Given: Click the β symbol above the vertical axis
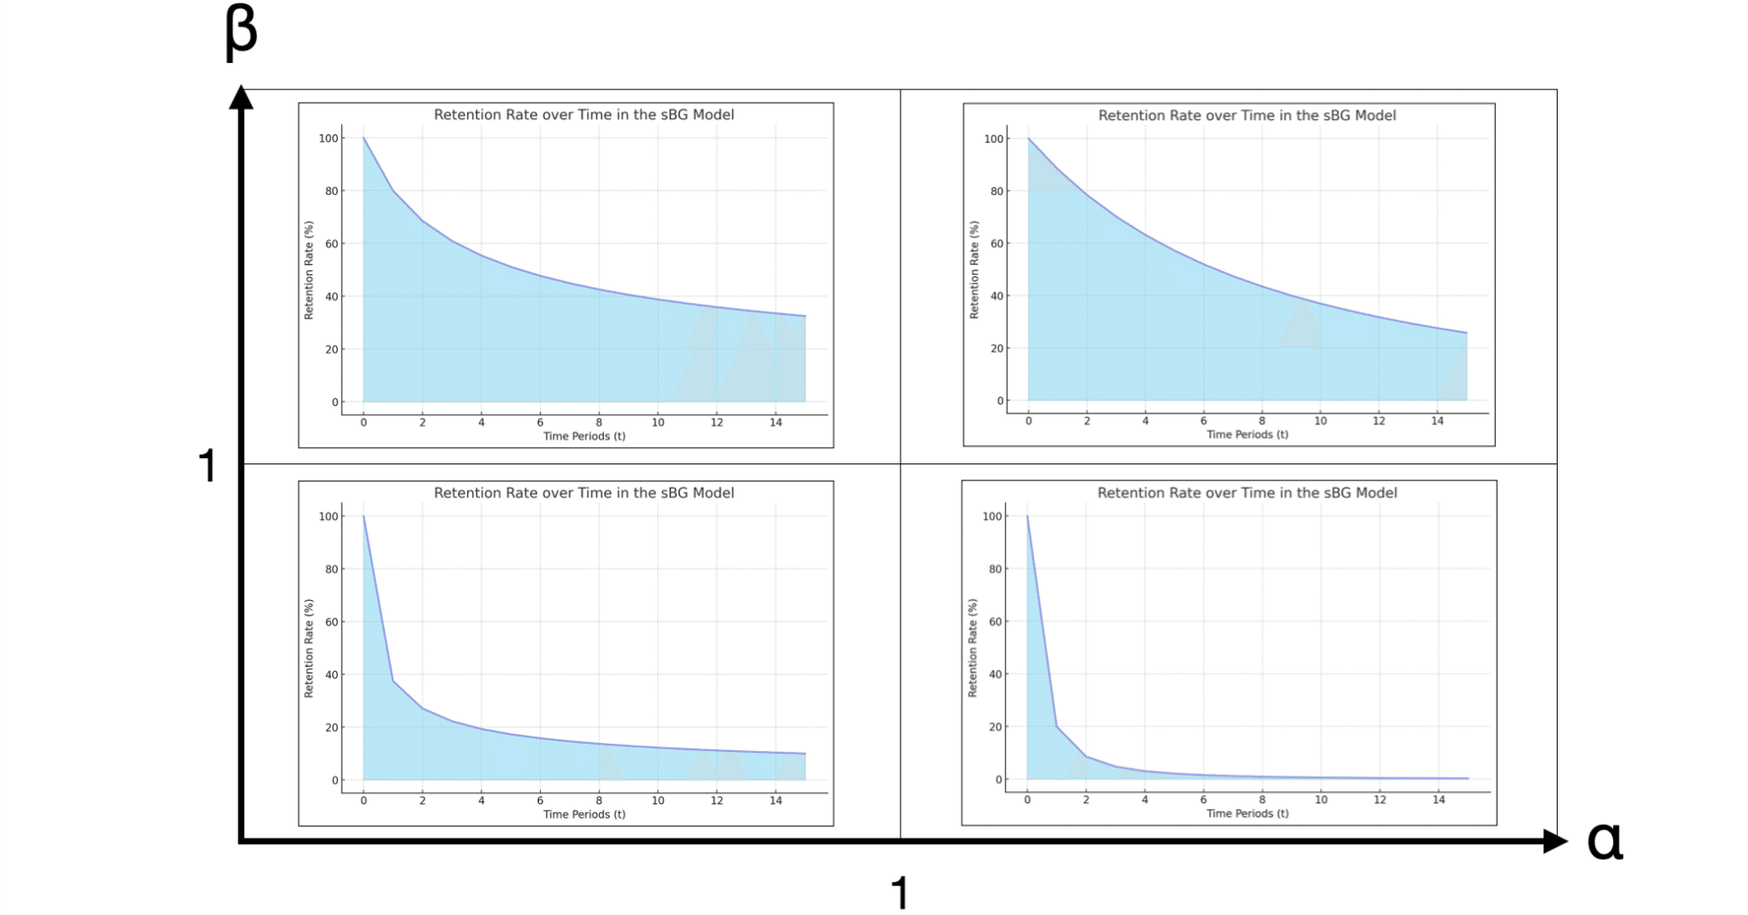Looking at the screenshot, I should (240, 32).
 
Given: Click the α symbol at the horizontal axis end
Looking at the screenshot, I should (1604, 840).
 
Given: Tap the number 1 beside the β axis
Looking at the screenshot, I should (208, 466).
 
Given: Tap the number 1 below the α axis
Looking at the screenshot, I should (899, 893).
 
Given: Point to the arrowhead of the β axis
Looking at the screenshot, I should (241, 97).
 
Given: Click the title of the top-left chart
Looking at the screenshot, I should (584, 115).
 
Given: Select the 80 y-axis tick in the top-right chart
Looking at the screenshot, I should (997, 191).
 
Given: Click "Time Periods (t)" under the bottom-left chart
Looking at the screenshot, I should (584, 814).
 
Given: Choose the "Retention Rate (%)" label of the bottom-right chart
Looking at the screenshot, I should (972, 648).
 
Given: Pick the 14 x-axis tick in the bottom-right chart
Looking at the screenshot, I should (1438, 799).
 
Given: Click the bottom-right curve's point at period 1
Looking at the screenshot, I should (1057, 727).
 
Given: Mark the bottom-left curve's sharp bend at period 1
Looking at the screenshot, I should (393, 681).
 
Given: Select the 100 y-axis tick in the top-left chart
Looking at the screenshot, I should (328, 138).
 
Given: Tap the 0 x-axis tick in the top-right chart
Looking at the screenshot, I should (1029, 421).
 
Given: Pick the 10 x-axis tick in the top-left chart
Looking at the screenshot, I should (657, 422).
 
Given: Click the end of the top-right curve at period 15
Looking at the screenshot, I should (1467, 333).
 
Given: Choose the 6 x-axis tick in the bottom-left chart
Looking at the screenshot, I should (540, 800).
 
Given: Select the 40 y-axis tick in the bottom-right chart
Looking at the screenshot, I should (995, 675).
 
